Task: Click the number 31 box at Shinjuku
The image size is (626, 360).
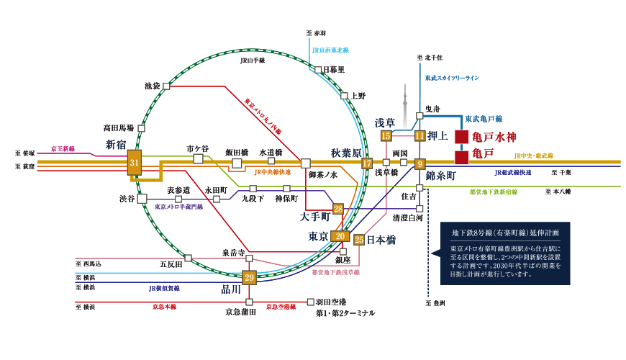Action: [x=135, y=163]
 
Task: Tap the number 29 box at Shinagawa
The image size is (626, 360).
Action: [x=249, y=277]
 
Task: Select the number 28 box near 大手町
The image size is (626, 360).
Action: [x=337, y=209]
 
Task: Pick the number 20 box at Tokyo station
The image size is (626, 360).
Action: [x=340, y=235]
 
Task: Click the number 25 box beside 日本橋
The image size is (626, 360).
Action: [x=358, y=240]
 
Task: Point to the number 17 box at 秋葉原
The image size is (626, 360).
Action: [x=367, y=163]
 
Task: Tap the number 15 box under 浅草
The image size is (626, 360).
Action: [x=386, y=135]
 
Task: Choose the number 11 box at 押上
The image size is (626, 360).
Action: [x=419, y=135]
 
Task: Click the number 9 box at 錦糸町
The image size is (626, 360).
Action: [x=419, y=163]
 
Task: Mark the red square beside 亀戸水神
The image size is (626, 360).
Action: [x=461, y=136]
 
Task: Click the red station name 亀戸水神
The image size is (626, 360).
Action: [x=494, y=136]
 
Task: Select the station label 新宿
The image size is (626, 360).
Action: [x=115, y=145]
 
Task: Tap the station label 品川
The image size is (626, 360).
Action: [x=230, y=289]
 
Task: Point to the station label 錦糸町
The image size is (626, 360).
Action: [x=440, y=176]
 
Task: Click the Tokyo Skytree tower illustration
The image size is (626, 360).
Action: [x=405, y=108]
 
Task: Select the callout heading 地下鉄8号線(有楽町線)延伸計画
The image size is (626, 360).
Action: [x=505, y=233]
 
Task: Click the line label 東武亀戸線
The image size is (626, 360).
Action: [x=484, y=119]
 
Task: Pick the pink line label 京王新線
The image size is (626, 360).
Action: [x=63, y=149]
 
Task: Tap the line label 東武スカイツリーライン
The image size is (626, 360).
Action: [x=451, y=78]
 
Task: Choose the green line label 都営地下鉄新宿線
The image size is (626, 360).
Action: [x=493, y=192]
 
